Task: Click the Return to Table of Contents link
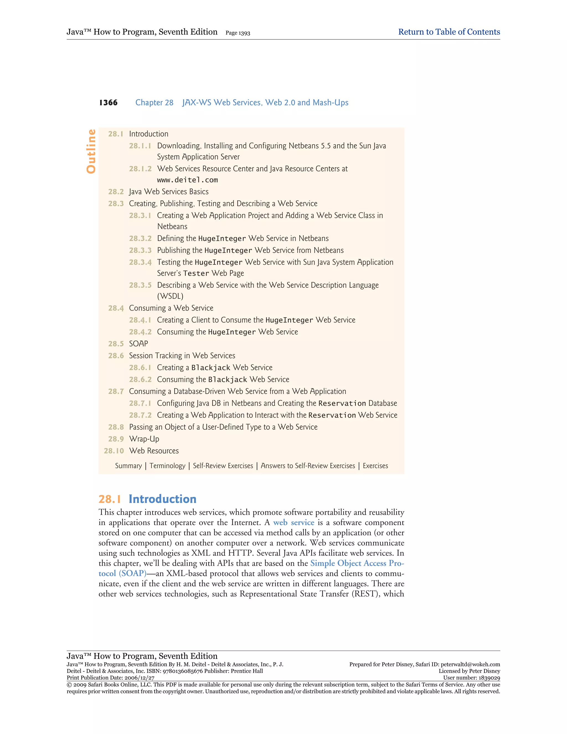click(449, 32)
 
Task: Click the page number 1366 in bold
click(108, 102)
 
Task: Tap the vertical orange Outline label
click(91, 151)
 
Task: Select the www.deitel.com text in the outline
click(187, 180)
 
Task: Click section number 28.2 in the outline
click(116, 192)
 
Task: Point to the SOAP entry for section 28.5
click(138, 343)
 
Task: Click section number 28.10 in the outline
click(114, 451)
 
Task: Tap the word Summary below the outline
click(128, 466)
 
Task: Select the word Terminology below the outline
click(167, 466)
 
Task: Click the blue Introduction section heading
click(163, 499)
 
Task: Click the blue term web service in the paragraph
click(293, 523)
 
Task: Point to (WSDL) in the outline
click(170, 296)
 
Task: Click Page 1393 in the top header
click(238, 33)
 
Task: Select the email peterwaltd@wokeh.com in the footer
click(470, 664)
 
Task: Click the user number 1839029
click(488, 678)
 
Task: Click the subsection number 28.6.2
click(140, 379)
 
